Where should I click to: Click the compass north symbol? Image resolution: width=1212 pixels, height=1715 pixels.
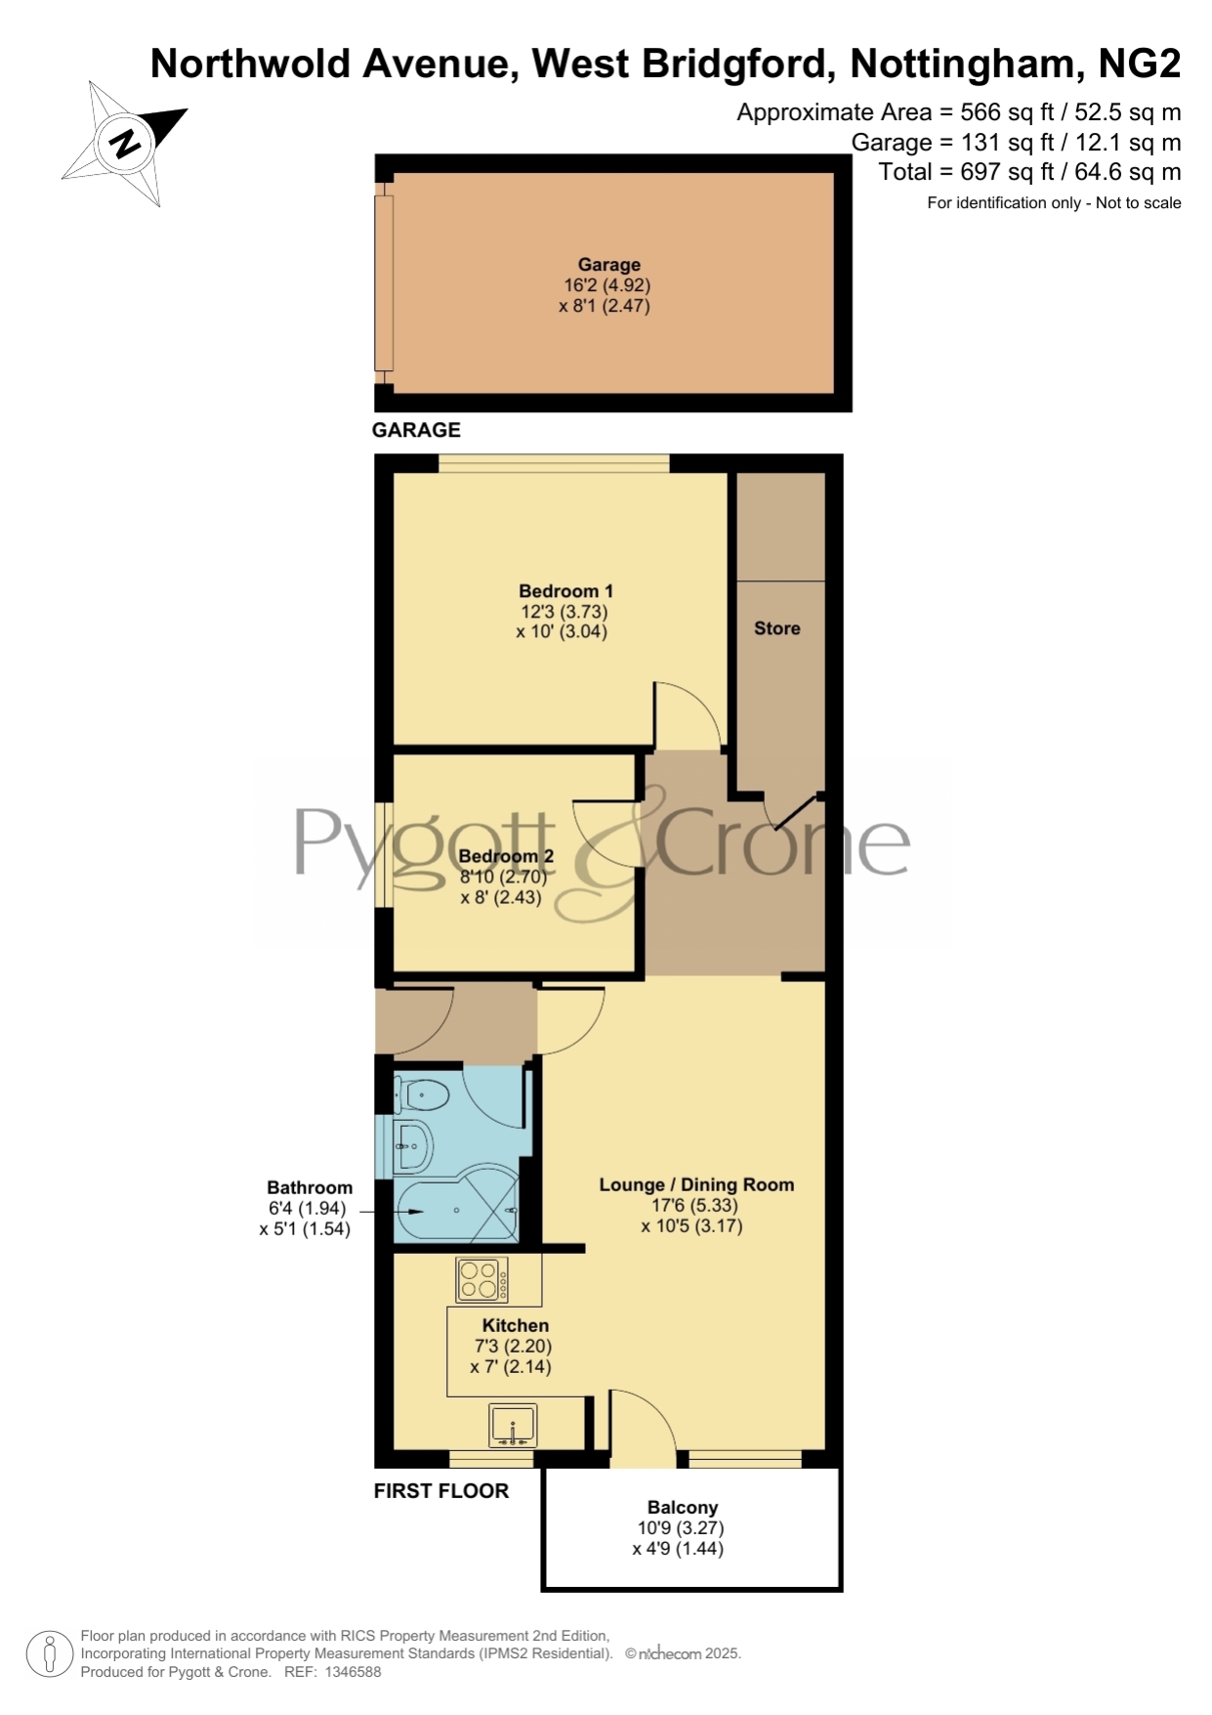click(x=125, y=144)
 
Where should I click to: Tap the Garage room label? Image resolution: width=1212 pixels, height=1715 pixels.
click(x=608, y=265)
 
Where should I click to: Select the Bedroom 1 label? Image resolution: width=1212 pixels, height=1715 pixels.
click(x=565, y=590)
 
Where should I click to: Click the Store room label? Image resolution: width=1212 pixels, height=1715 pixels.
click(x=776, y=628)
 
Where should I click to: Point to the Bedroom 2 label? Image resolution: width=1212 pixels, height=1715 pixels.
click(x=506, y=856)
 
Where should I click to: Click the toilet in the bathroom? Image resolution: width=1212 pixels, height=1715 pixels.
click(x=421, y=1095)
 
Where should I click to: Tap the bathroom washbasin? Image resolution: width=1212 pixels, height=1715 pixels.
click(x=413, y=1146)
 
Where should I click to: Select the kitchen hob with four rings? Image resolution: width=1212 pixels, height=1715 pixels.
click(x=482, y=1280)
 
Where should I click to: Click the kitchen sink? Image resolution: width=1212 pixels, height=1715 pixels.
click(x=513, y=1426)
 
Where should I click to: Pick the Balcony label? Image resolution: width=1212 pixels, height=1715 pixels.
click(x=682, y=1507)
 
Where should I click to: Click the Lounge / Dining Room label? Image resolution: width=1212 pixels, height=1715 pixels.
click(x=696, y=1184)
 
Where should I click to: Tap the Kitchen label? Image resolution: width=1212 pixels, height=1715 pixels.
click(x=515, y=1325)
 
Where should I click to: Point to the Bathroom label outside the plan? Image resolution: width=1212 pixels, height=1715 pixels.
click(x=310, y=1187)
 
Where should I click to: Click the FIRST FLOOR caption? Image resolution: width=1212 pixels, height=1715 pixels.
click(x=441, y=1491)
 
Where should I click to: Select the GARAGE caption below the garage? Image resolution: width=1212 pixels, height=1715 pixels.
click(x=416, y=430)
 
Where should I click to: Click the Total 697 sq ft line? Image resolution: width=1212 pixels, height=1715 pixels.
click(x=1029, y=172)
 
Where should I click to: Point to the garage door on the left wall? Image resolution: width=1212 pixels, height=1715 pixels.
click(x=384, y=282)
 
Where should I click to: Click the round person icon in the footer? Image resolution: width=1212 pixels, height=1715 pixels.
click(x=49, y=1655)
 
